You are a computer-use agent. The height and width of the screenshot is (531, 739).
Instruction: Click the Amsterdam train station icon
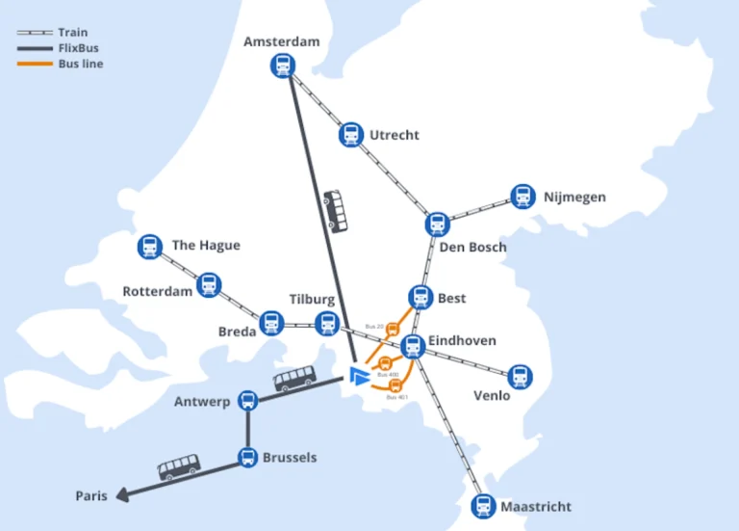click(283, 66)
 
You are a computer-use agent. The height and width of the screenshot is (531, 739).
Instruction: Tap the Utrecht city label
click(395, 135)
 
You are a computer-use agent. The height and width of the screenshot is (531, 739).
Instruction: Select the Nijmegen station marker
click(522, 197)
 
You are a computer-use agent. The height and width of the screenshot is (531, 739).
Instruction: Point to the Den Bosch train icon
click(438, 224)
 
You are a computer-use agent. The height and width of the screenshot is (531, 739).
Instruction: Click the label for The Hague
click(206, 245)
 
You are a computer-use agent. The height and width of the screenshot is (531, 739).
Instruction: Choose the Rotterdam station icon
click(209, 285)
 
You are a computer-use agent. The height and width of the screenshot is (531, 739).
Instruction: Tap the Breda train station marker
click(272, 323)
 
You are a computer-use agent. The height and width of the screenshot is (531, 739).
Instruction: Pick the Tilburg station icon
click(327, 323)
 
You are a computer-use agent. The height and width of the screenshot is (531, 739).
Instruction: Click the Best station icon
click(420, 298)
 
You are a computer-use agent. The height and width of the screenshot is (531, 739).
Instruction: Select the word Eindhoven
click(464, 340)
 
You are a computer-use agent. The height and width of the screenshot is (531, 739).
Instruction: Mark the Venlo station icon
click(520, 377)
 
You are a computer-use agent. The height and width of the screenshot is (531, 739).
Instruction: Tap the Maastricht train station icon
click(484, 506)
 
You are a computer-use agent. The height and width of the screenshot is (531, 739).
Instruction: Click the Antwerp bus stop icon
click(247, 401)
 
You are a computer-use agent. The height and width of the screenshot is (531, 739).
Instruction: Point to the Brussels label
click(290, 458)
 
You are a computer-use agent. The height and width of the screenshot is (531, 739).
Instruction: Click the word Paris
click(91, 496)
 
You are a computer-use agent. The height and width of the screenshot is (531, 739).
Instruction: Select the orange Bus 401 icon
click(395, 385)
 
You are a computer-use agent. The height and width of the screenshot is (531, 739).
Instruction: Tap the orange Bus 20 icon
click(393, 330)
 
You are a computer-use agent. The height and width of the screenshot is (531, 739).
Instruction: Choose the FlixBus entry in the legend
click(78, 48)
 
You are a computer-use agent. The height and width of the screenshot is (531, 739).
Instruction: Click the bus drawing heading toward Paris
click(178, 468)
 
